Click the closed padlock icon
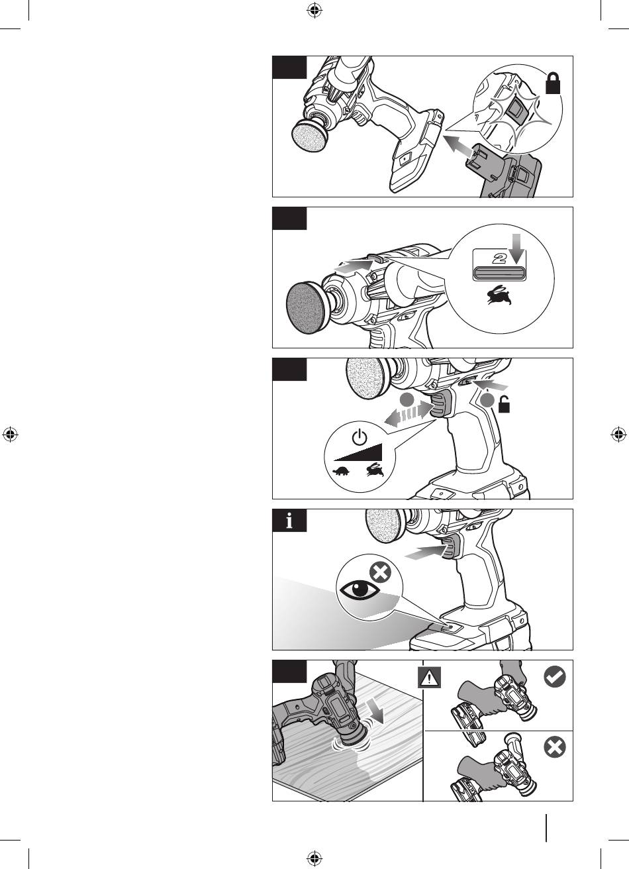tap(553, 83)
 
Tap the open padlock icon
tap(504, 405)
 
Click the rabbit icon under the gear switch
tap(499, 295)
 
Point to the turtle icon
tap(342, 472)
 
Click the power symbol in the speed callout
tap(360, 437)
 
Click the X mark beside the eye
tap(381, 573)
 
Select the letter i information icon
tap(289, 520)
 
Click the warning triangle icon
tap(429, 678)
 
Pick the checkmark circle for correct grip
tap(555, 677)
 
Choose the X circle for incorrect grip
tap(555, 747)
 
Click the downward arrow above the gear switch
tap(516, 248)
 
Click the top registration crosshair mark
tap(314, 11)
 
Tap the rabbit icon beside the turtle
tap(375, 470)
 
